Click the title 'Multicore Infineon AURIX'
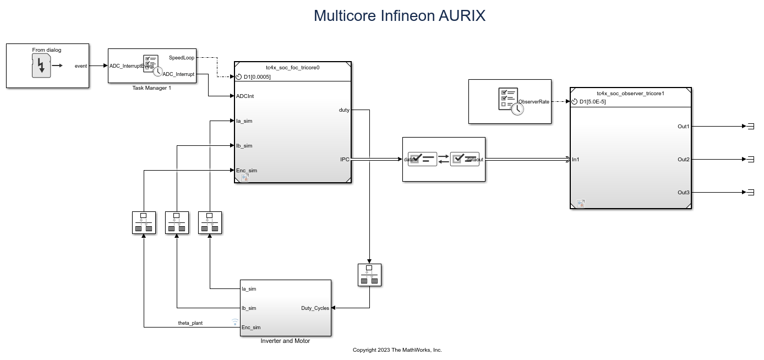(399, 15)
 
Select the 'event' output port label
(80, 66)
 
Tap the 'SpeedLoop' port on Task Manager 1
(181, 57)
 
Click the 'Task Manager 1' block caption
(151, 88)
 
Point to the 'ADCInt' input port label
(245, 96)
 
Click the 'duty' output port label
(344, 110)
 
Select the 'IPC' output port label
(345, 160)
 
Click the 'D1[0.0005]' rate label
(257, 77)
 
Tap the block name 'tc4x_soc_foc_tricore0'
(292, 68)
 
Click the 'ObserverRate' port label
(534, 101)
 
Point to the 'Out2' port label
(683, 160)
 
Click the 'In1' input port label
(575, 160)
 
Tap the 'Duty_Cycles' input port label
(315, 308)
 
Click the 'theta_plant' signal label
(190, 323)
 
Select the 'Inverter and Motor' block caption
(285, 341)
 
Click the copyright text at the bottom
(397, 350)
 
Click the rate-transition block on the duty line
(369, 275)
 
